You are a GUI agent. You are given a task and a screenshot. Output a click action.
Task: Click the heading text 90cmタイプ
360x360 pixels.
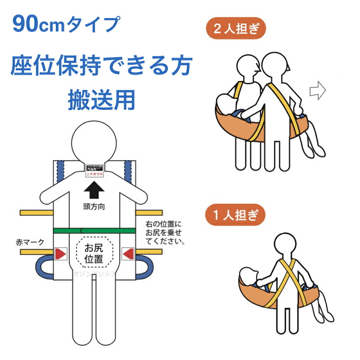coord(66,25)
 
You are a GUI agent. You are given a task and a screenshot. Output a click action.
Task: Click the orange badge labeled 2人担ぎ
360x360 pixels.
coord(236,30)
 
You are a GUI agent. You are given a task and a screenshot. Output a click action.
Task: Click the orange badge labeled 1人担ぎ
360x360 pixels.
coord(236,214)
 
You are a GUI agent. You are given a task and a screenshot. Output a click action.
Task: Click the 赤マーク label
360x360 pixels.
coord(29,243)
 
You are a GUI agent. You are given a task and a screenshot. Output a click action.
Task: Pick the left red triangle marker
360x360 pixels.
coord(60,254)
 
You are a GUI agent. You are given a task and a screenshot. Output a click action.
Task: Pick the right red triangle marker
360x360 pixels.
coord(129,254)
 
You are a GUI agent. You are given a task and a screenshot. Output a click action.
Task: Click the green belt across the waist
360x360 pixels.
coord(94,230)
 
